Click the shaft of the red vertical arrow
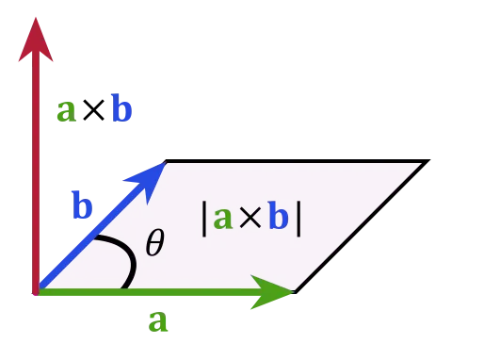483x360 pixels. click(x=36, y=170)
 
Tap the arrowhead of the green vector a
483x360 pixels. click(x=282, y=292)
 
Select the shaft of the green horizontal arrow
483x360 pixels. click(x=141, y=292)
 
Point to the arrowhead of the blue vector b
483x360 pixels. click(x=154, y=172)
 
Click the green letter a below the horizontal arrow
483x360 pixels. click(x=158, y=322)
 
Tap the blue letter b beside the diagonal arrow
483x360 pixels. click(x=83, y=205)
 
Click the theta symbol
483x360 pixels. click(x=155, y=245)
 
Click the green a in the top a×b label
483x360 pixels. click(x=66, y=111)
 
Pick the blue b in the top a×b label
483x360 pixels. click(x=121, y=110)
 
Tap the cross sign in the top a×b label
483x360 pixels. click(x=93, y=111)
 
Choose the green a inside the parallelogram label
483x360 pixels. click(x=222, y=219)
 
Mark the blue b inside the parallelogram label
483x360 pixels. click(x=278, y=218)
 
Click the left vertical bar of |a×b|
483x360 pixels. click(x=204, y=218)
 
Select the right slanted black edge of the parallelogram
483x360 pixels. click(x=362, y=226)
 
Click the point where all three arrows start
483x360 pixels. click(x=37, y=292)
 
